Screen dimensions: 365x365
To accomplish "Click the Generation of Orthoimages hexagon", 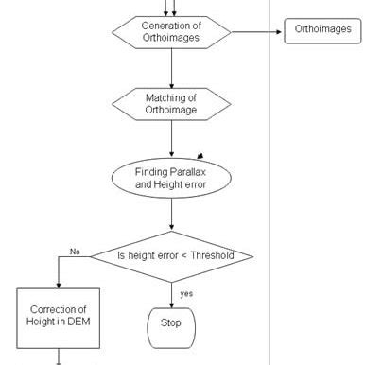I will coord(171,30).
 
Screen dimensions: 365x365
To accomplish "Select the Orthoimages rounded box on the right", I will coord(322,30).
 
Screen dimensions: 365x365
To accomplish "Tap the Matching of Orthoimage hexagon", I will coord(171,104).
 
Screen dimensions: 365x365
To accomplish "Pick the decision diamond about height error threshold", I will coord(171,256).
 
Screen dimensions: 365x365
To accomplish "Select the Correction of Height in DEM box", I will coord(59,317).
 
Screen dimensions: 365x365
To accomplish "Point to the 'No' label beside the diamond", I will coord(75,251).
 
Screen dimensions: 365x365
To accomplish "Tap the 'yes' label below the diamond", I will coord(186,293).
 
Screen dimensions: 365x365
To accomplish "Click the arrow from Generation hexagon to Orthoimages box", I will coord(255,31).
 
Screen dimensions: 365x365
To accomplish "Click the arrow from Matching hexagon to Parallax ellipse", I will coord(171,140).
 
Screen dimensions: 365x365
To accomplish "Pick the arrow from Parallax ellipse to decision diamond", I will coord(171,216).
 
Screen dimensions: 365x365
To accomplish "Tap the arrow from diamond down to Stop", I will coord(171,293).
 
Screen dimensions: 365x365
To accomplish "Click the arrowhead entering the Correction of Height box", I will coord(59,283).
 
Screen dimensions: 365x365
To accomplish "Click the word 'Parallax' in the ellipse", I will coord(183,171).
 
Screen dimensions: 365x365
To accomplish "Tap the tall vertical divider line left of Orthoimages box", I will coord(270,189).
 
